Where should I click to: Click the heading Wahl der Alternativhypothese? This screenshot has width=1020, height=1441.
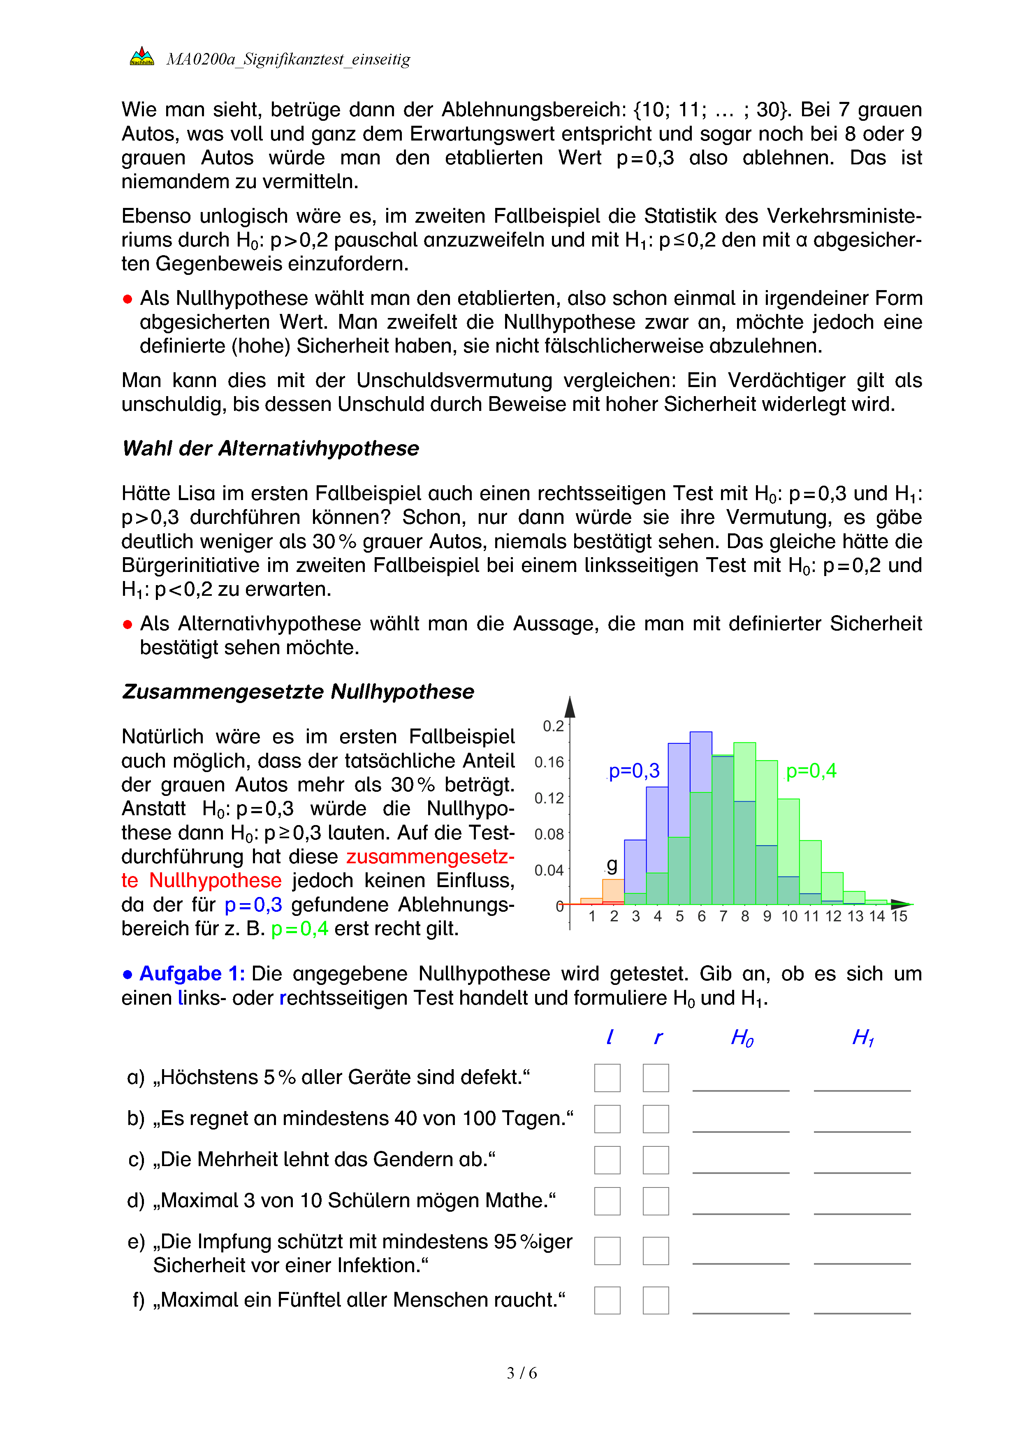coord(271,448)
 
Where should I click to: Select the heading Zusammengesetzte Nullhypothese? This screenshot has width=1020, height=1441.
coord(298,691)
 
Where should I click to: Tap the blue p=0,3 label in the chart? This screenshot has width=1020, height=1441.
coord(634,771)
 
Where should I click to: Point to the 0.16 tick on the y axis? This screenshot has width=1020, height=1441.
coord(549,762)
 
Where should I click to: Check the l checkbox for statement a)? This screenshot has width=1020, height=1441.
coord(607,1078)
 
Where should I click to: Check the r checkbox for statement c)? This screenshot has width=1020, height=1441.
coord(656,1160)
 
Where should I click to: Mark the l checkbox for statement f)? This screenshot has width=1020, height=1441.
coord(607,1300)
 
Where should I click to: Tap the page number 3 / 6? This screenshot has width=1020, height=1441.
coord(521,1373)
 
